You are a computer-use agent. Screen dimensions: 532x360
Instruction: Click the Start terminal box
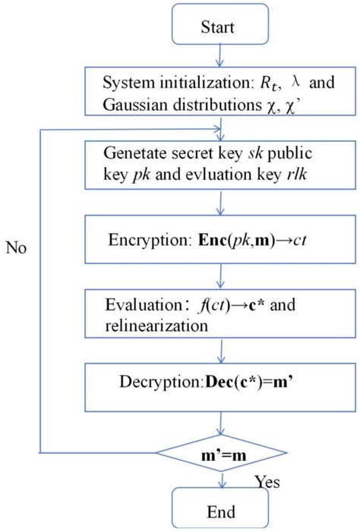click(220, 27)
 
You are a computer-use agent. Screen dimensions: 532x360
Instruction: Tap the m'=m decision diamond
click(221, 454)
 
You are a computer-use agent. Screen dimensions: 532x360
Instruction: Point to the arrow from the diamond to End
click(220, 478)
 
